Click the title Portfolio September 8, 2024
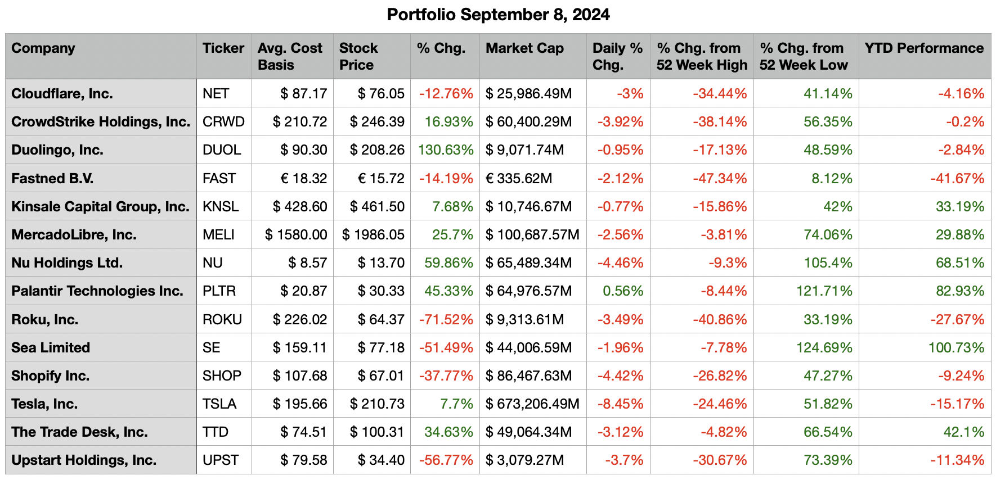[x=498, y=15]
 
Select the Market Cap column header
[x=524, y=48]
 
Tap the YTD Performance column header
[x=924, y=48]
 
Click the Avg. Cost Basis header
[x=290, y=56]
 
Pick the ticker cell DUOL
[x=222, y=150]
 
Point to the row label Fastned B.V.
[x=52, y=178]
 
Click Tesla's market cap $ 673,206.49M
[x=532, y=404]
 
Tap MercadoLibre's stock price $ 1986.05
[x=373, y=234]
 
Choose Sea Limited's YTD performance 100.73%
[x=956, y=347]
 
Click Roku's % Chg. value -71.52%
[x=446, y=319]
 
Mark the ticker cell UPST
[x=221, y=460]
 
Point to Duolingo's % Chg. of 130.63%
[x=446, y=150]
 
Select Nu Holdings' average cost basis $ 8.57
[x=307, y=262]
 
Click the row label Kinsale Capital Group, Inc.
[x=100, y=206]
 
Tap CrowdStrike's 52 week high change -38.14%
[x=720, y=122]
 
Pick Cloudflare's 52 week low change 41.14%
[x=828, y=93]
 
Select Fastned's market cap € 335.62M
[x=519, y=178]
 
